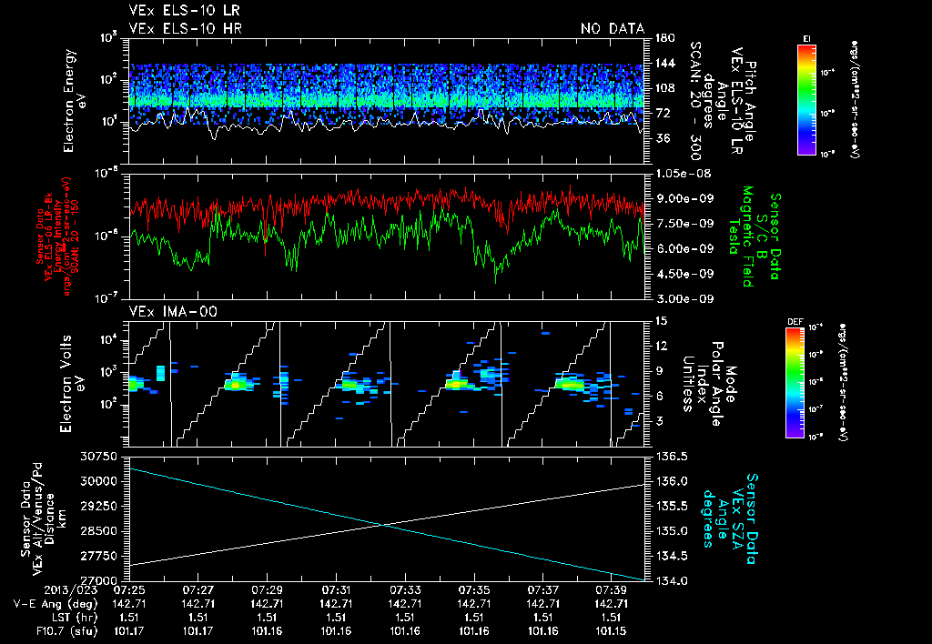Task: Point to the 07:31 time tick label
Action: [337, 589]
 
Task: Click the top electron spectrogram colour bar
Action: [806, 96]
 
